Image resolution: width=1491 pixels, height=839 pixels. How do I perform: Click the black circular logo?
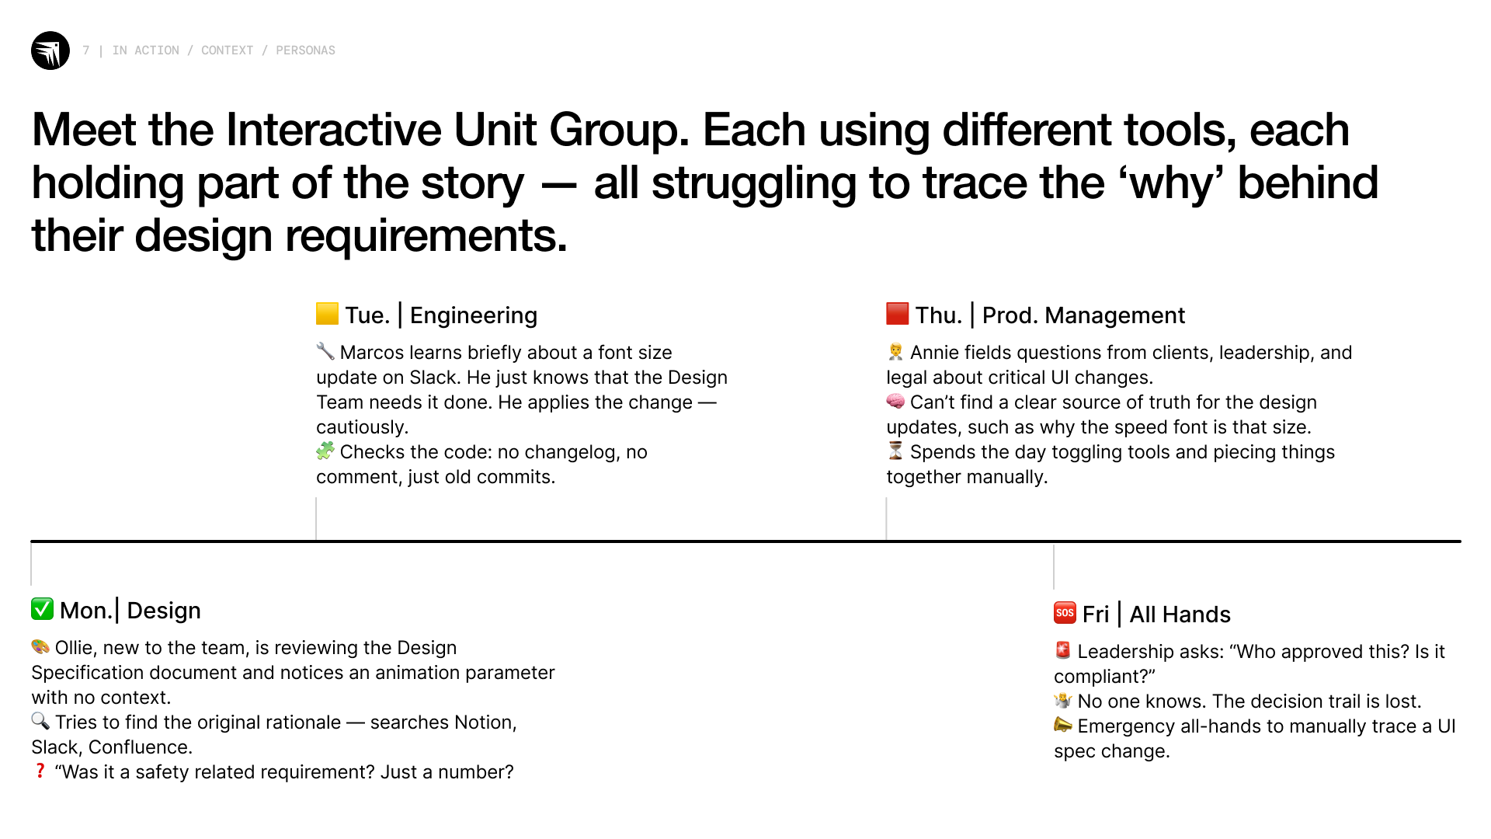[50, 50]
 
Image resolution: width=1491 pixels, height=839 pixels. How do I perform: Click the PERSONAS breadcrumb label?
[305, 50]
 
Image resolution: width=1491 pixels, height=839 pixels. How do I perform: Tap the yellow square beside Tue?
[327, 313]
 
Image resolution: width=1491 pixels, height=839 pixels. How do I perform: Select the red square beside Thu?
[897, 313]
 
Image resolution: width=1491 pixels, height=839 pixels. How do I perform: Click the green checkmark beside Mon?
[42, 608]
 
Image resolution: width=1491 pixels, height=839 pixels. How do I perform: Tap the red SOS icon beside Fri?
[1065, 612]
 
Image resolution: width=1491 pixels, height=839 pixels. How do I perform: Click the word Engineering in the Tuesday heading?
[474, 315]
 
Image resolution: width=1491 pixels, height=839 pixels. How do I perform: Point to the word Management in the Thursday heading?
[1114, 315]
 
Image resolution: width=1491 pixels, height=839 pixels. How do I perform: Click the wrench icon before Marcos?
[325, 351]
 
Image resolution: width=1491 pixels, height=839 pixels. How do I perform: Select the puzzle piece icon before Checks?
[325, 451]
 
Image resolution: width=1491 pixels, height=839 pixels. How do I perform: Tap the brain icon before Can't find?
[895, 401]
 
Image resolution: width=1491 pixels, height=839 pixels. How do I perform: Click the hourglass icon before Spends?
[895, 451]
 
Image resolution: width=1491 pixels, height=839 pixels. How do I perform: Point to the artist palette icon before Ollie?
[40, 646]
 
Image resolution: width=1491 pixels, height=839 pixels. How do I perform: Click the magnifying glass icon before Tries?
[40, 721]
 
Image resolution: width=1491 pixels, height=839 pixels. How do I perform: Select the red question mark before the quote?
[40, 771]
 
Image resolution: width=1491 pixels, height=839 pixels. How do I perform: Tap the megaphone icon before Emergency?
[1063, 725]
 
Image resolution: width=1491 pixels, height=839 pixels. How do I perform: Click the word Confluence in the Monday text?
[140, 747]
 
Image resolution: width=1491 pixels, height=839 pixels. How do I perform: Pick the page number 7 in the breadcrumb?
[86, 50]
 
